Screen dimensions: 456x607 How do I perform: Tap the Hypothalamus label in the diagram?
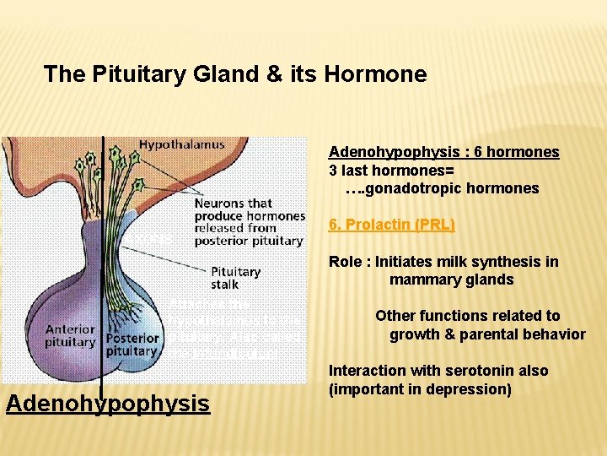pyautogui.click(x=181, y=144)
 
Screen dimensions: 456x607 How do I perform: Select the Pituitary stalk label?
pyautogui.click(x=235, y=278)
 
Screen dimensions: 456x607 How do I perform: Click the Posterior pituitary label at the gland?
pyautogui.click(x=132, y=343)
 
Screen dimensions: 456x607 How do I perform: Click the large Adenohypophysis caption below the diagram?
pyautogui.click(x=107, y=404)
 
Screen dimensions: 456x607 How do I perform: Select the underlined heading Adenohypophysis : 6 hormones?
pyautogui.click(x=443, y=152)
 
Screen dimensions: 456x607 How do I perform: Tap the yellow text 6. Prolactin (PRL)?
pyautogui.click(x=391, y=225)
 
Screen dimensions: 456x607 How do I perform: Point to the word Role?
pyautogui.click(x=346, y=262)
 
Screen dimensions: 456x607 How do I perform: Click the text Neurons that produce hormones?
pyautogui.click(x=250, y=209)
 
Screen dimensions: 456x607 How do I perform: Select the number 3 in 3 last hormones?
pyautogui.click(x=333, y=170)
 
